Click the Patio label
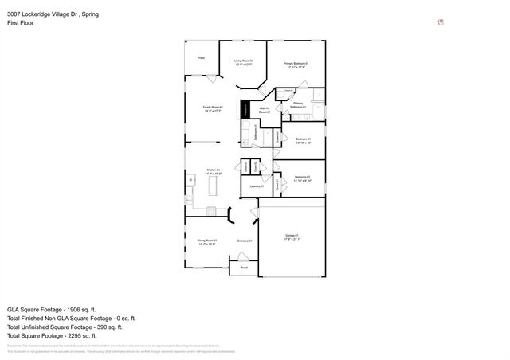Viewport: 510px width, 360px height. [x=202, y=57]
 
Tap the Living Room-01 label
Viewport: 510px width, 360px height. [x=243, y=62]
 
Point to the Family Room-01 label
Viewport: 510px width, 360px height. [x=213, y=108]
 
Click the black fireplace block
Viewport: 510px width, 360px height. [x=245, y=110]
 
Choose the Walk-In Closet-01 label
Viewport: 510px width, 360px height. [x=264, y=110]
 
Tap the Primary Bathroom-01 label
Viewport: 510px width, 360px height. [x=297, y=105]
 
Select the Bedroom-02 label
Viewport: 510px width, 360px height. [x=301, y=178]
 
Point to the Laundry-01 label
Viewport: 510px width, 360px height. [x=257, y=186]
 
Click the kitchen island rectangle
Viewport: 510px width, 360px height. [x=213, y=186]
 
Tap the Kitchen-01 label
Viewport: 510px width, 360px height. [x=213, y=170]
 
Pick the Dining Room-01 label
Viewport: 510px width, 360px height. [x=206, y=241]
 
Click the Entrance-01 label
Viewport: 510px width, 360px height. [x=245, y=241]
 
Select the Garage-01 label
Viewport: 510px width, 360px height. [x=292, y=237]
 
